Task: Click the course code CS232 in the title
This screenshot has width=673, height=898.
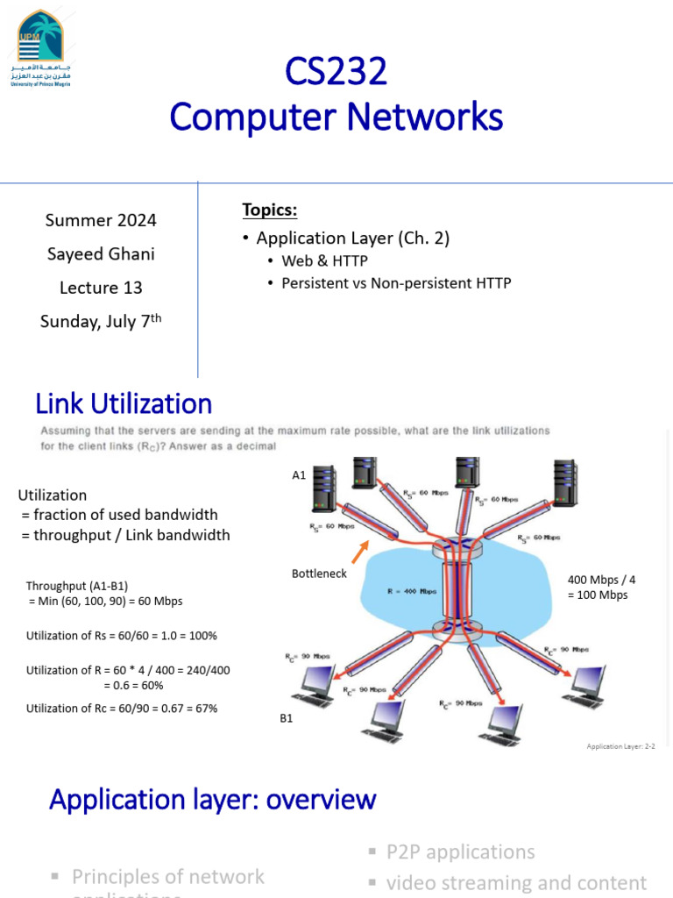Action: [336, 72]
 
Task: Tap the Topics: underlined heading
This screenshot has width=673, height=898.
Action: [270, 210]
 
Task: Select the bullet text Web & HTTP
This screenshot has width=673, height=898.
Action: [324, 260]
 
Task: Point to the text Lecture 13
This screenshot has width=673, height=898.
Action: [101, 288]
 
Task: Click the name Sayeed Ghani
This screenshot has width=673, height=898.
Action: [101, 254]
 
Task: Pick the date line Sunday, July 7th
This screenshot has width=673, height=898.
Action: [101, 322]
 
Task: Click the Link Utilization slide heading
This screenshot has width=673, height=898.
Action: [124, 403]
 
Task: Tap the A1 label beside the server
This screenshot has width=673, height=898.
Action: [299, 475]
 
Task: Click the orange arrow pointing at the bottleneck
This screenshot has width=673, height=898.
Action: [360, 552]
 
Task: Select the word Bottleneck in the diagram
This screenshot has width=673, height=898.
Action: [319, 574]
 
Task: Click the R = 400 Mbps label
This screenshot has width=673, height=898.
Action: [412, 591]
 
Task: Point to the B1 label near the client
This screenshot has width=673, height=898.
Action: [287, 718]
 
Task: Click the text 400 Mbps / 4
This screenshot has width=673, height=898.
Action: [601, 580]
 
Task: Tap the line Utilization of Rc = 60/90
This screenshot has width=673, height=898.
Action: [122, 708]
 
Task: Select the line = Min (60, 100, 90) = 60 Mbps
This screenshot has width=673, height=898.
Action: [107, 602]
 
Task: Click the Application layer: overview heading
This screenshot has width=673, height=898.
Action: [213, 799]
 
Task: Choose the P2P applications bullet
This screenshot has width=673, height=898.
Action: [460, 852]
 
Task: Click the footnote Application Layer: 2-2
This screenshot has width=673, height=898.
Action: [620, 746]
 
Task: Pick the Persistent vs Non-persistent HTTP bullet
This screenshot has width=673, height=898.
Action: [396, 283]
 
